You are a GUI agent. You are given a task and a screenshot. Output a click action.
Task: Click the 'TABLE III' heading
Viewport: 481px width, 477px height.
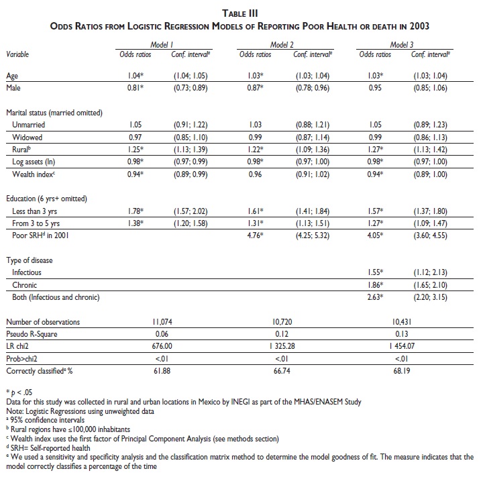click(239, 11)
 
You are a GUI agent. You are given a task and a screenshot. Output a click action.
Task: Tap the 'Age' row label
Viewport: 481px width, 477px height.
click(12, 76)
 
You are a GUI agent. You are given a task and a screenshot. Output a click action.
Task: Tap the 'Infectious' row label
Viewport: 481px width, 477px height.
click(27, 273)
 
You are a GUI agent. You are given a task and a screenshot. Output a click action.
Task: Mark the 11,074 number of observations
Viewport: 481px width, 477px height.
click(163, 322)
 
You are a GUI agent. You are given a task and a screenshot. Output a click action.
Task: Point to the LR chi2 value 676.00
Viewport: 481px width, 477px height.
click(163, 346)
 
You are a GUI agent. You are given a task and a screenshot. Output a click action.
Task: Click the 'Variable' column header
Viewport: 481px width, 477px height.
click(18, 54)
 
